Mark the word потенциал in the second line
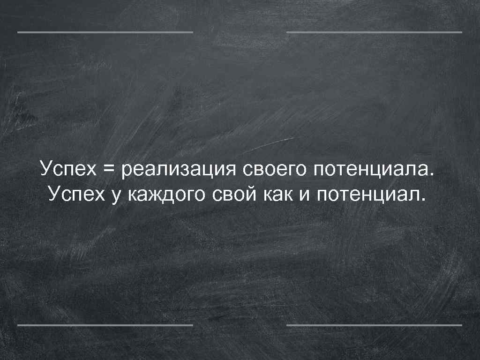368,193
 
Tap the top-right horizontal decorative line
374,32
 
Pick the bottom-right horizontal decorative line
374,324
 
